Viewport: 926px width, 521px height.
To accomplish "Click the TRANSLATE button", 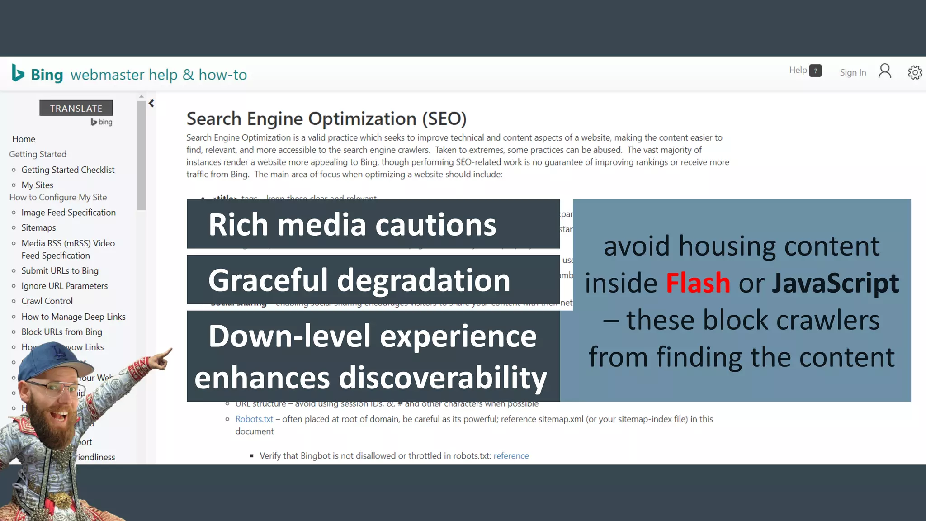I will [x=76, y=108].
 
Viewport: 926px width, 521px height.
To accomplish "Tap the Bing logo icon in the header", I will [x=18, y=73].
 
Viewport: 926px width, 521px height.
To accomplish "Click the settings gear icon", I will [x=915, y=72].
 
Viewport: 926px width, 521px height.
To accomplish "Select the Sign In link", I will [x=853, y=72].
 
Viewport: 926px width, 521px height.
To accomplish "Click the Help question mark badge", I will [x=815, y=71].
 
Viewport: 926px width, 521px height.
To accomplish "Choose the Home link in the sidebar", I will [x=24, y=139].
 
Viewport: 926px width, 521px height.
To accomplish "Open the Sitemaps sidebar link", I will [x=38, y=227].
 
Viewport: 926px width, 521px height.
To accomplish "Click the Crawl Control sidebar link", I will [x=47, y=301].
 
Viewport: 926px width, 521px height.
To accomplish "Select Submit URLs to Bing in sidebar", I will [x=60, y=270].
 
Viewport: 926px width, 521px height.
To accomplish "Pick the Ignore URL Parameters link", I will [x=64, y=286].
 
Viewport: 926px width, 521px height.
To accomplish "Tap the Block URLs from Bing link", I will [x=61, y=332].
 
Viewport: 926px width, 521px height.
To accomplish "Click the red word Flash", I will [x=698, y=283].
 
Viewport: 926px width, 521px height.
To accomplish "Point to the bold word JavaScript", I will [x=835, y=283].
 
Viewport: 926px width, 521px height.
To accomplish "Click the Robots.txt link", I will [x=254, y=419].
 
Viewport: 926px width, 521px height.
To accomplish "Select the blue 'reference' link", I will [x=511, y=456].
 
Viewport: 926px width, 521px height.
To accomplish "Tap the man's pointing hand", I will [x=161, y=357].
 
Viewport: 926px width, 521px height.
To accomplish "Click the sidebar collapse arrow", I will [x=151, y=104].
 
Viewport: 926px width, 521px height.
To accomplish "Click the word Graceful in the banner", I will [x=267, y=280].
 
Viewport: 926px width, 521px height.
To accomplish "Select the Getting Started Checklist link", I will [x=68, y=170].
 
